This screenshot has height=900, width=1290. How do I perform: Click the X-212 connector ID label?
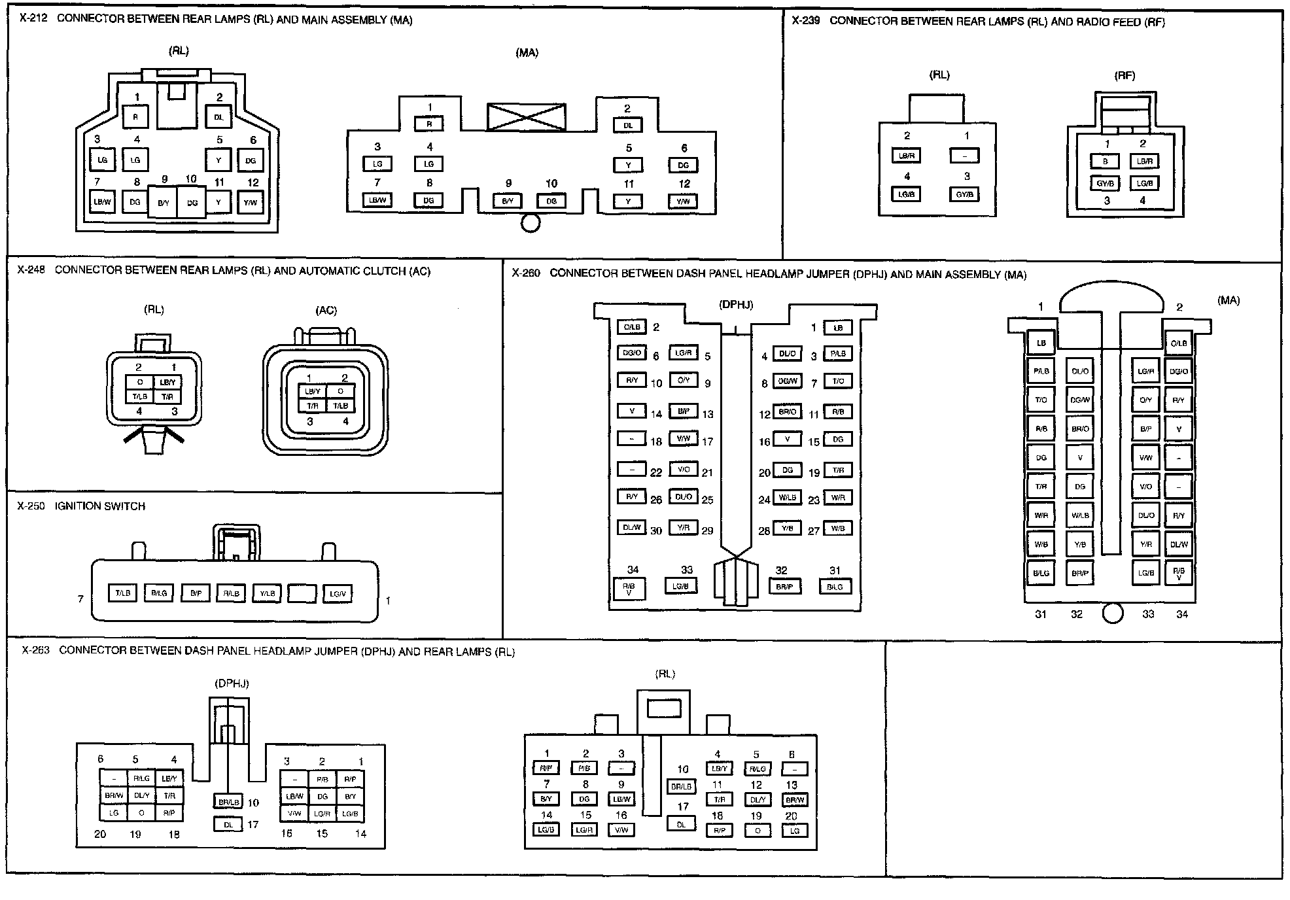[x=33, y=19]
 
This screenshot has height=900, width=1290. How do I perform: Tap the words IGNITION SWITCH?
[x=100, y=506]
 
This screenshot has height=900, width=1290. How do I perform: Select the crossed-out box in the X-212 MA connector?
[x=526, y=118]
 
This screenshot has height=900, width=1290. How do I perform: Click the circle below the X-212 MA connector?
[x=530, y=224]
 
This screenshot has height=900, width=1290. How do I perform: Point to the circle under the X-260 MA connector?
[x=1112, y=614]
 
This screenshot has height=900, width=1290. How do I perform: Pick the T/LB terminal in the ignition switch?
[x=123, y=593]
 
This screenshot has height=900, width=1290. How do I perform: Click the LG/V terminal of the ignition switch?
[x=338, y=593]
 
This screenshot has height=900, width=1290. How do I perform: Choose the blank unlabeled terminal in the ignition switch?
[x=302, y=593]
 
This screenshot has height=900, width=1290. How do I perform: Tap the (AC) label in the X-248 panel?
[x=326, y=311]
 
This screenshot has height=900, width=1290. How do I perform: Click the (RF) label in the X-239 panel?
[x=1124, y=76]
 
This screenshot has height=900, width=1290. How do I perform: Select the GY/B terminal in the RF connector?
[x=1105, y=184]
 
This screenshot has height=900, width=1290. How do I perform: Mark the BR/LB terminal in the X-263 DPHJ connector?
[x=228, y=802]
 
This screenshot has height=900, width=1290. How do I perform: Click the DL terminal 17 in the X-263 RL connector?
[x=681, y=825]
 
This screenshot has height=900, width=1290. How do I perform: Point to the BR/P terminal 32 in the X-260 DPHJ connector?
[x=784, y=587]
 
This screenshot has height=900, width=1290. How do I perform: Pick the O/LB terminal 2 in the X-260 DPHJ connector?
[x=631, y=327]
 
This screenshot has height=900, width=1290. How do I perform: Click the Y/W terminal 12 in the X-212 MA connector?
[x=683, y=201]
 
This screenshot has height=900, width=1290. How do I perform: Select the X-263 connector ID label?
[x=35, y=651]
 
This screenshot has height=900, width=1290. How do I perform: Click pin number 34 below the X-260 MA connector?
[x=1181, y=614]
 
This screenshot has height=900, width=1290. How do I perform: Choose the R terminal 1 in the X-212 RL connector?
[x=136, y=118]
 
